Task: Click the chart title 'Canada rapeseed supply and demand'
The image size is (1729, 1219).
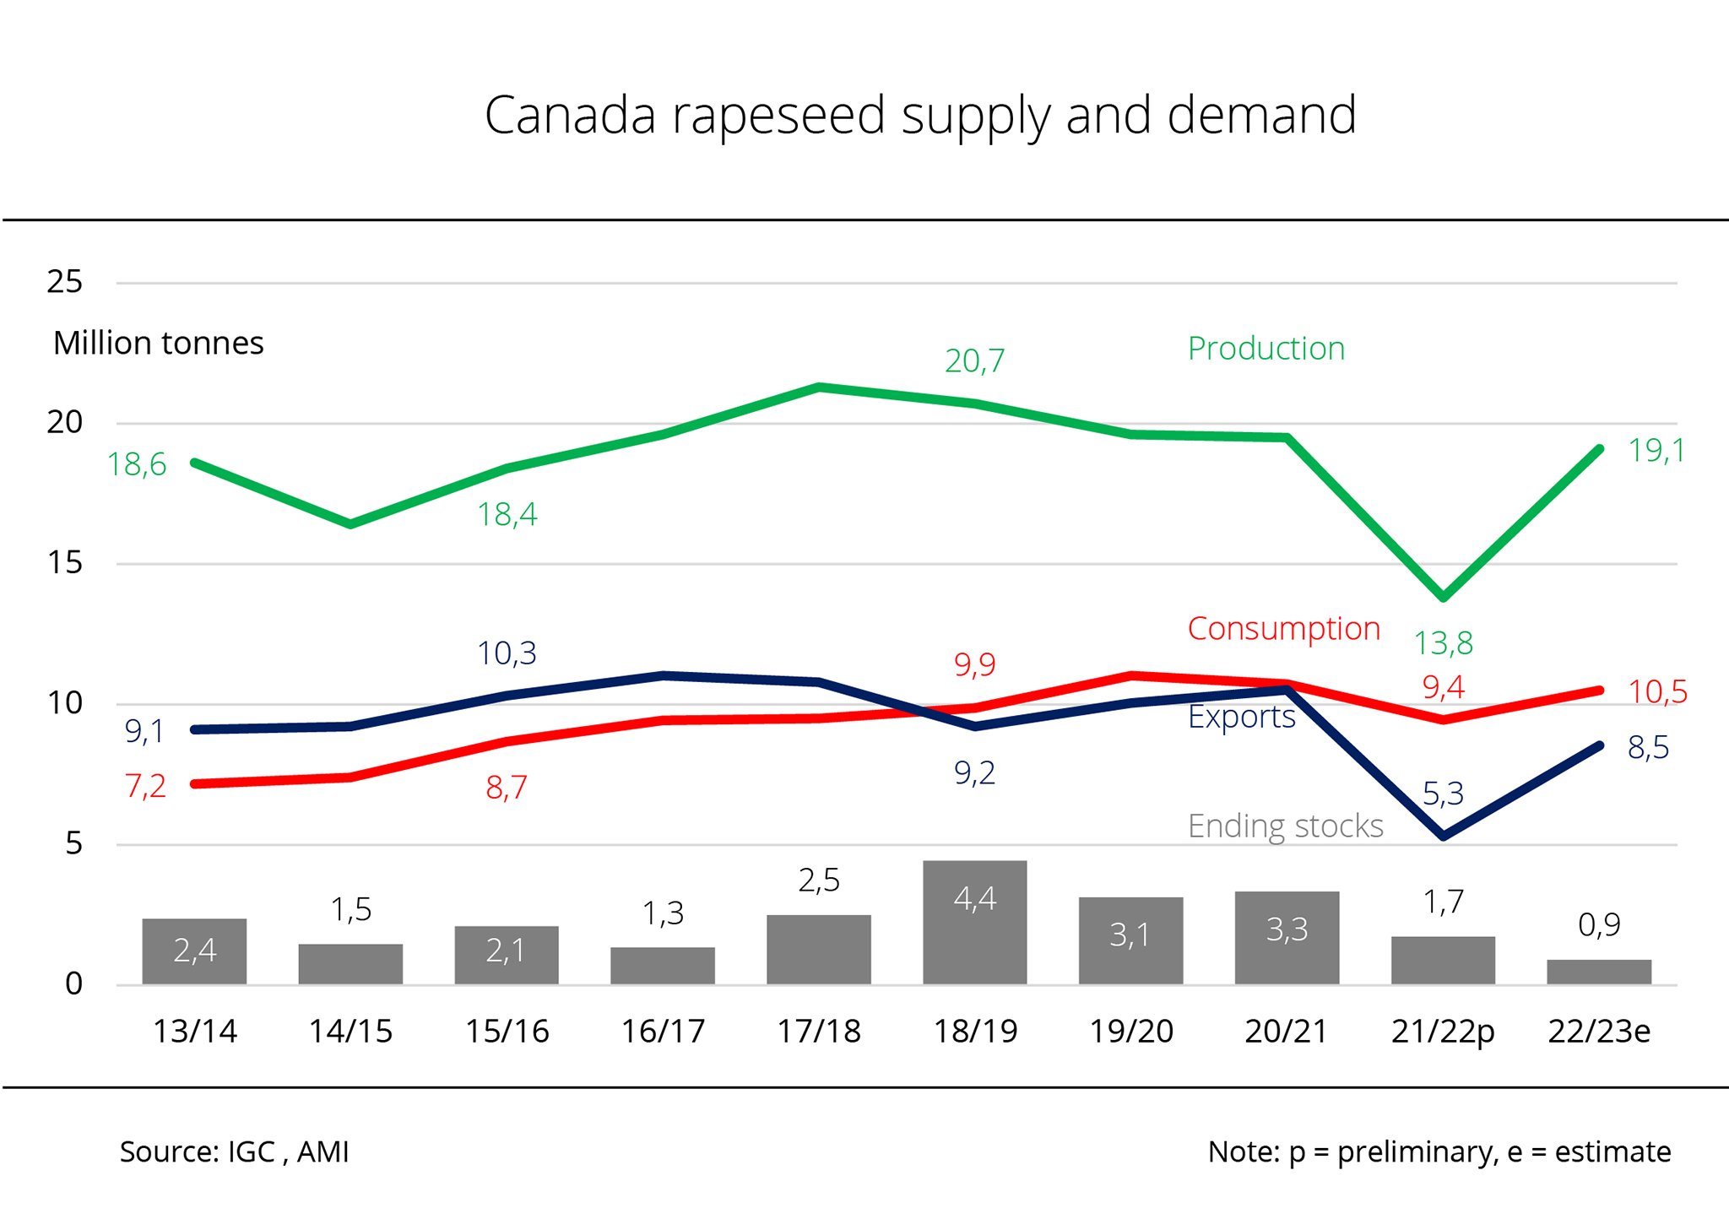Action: pos(920,115)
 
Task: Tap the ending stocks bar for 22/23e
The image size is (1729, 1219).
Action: pos(1598,972)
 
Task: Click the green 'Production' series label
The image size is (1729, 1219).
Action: pos(1266,349)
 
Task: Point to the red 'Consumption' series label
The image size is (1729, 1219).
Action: pos(1283,629)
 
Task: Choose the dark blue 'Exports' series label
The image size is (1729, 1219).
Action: pos(1241,717)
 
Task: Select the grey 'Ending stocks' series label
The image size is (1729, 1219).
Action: pos(1285,826)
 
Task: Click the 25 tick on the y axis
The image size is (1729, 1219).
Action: pos(65,282)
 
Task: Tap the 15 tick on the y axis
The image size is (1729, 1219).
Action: pos(65,563)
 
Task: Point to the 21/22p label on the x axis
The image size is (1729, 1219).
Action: pos(1443,1032)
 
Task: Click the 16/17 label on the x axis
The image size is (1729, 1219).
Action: pos(663,1032)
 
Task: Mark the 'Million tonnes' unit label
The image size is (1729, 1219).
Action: pos(159,344)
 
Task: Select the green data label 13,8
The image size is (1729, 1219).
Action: pos(1443,644)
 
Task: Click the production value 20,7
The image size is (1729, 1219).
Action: pos(974,361)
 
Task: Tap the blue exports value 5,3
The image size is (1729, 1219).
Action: pos(1443,794)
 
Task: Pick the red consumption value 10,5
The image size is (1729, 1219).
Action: pos(1656,692)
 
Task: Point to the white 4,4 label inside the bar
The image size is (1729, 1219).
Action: pos(974,899)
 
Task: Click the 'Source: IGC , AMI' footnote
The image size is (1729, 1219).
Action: pos(234,1152)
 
